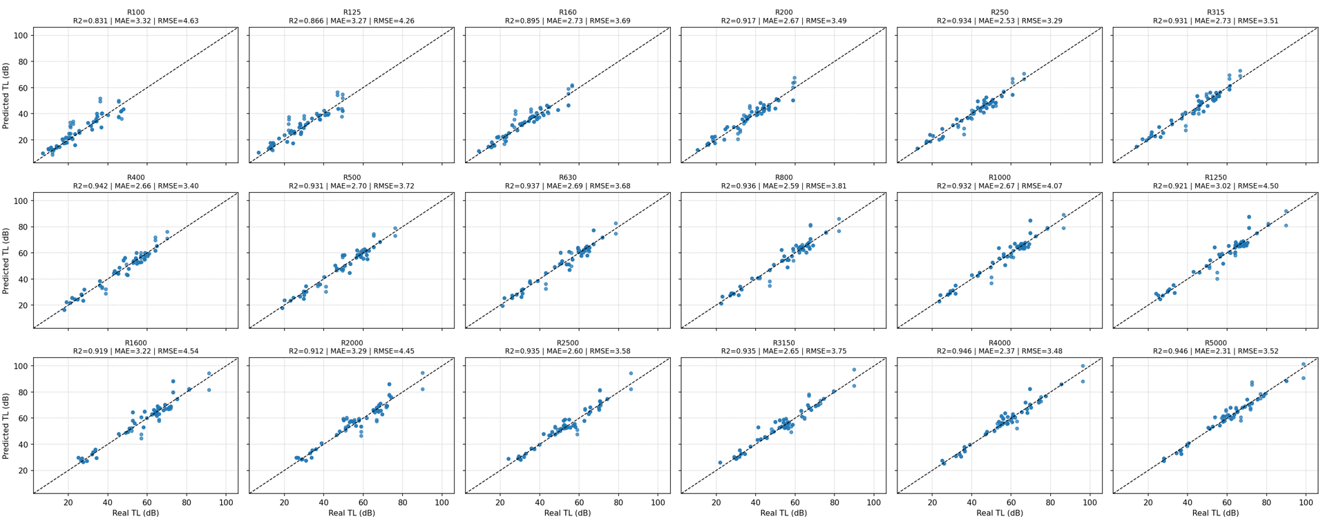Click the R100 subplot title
click(x=135, y=12)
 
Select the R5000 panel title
click(x=1215, y=343)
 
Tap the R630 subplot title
click(x=567, y=178)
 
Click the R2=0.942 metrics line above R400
click(x=135, y=186)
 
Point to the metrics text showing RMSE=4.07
click(x=999, y=186)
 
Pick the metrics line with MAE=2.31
click(x=1215, y=351)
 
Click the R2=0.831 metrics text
click(x=135, y=21)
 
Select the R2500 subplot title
click(x=567, y=343)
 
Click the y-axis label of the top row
click(x=6, y=95)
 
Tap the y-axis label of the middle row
click(x=6, y=261)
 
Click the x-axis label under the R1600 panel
click(x=135, y=513)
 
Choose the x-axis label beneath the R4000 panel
click(x=999, y=513)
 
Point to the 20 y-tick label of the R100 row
click(x=23, y=140)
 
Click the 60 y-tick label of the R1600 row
click(x=23, y=418)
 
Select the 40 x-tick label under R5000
click(x=1188, y=502)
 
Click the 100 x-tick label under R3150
click(x=874, y=502)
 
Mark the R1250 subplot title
click(x=1215, y=178)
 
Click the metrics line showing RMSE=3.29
click(x=999, y=21)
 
